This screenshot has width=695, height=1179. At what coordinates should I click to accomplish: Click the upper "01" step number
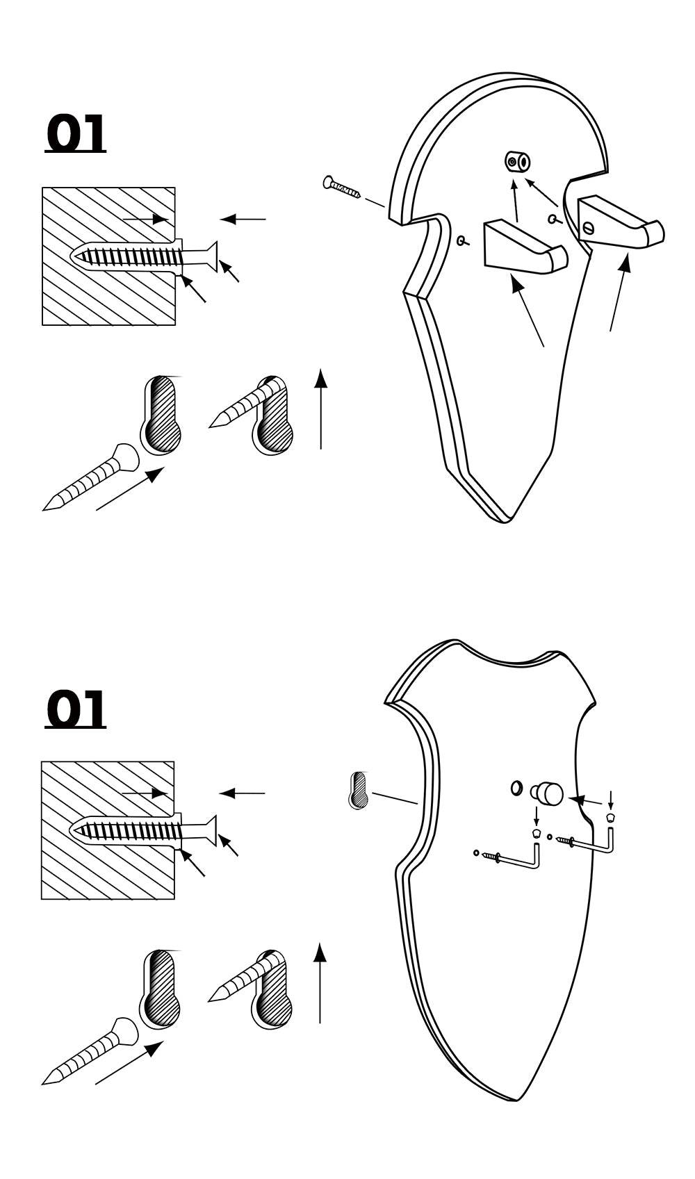(75, 133)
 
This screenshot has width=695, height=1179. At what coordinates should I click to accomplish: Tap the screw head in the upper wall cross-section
(211, 254)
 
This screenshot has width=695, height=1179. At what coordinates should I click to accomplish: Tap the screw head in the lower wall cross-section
(209, 829)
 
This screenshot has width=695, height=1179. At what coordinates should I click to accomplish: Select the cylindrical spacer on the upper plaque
(518, 162)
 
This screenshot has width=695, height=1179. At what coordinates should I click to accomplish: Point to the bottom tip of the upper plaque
(506, 519)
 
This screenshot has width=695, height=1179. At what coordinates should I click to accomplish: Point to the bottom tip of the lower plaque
(516, 1099)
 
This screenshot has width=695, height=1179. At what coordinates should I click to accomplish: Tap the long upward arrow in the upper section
(320, 410)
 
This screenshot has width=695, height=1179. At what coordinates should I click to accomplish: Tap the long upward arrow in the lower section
(320, 983)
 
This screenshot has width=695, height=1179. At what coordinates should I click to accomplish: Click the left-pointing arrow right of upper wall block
(243, 220)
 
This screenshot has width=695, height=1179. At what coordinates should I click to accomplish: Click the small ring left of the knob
(516, 788)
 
